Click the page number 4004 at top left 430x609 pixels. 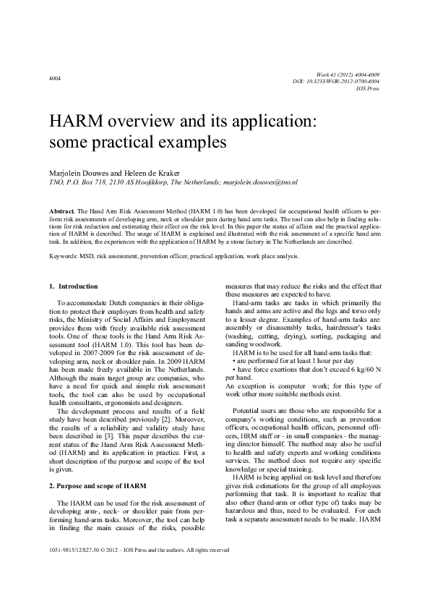(x=55, y=77)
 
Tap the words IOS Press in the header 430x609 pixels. (x=369, y=89)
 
